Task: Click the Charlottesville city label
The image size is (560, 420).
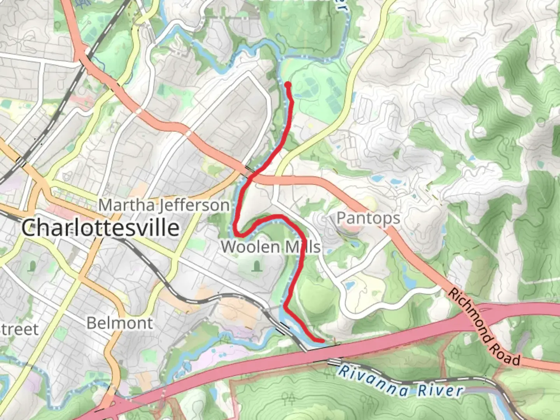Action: [x=100, y=227]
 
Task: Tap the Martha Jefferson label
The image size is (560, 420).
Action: [x=164, y=205]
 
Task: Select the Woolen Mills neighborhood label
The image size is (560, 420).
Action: [x=271, y=247]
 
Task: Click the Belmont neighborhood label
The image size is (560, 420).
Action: [x=120, y=323]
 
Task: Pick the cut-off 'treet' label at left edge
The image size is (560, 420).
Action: [x=19, y=329]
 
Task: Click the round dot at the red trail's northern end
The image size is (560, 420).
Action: [x=288, y=84]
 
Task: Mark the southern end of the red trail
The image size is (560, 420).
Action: [x=323, y=341]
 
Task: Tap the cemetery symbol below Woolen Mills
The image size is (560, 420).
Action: [x=256, y=266]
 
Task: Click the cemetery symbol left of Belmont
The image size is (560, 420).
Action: [x=32, y=266]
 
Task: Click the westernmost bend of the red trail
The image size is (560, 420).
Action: [x=236, y=229]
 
